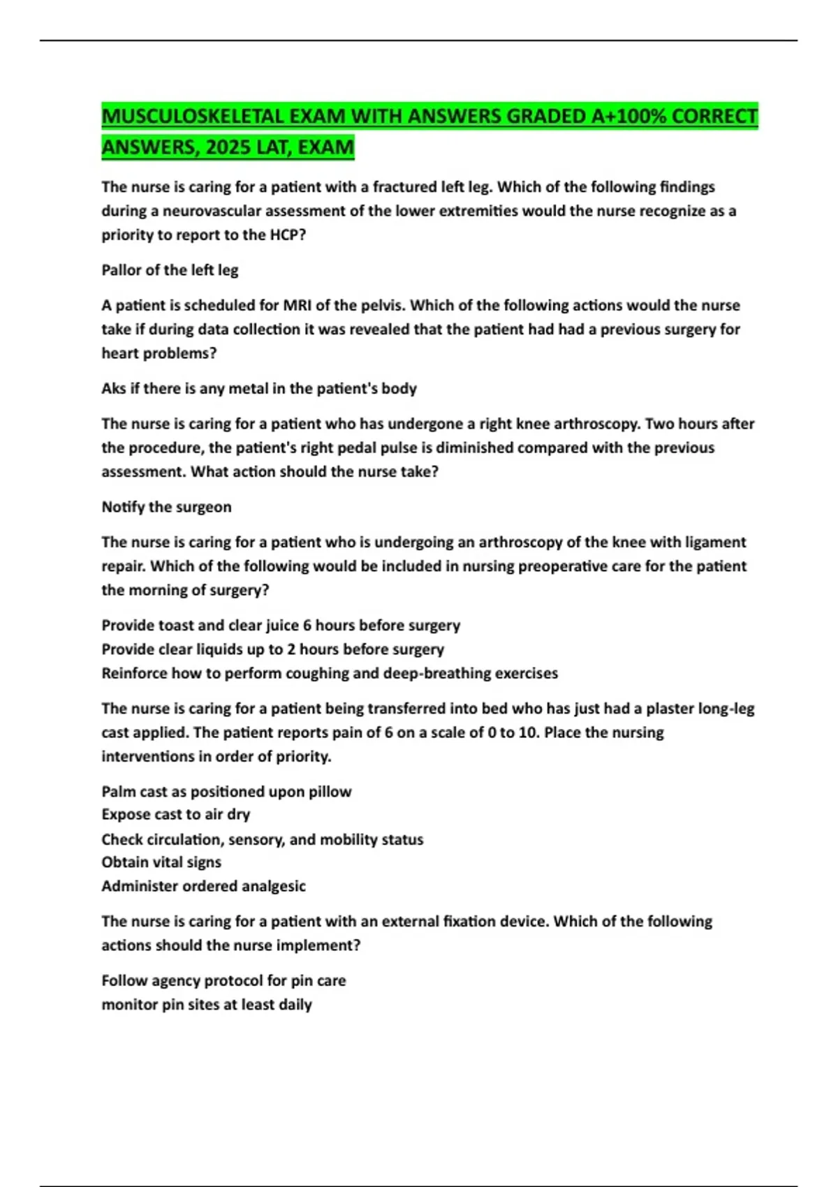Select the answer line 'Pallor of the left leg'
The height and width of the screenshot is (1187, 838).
coord(170,270)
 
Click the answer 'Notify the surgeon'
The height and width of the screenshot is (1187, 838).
coord(166,507)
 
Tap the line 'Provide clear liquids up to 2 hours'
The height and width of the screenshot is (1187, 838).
coord(272,649)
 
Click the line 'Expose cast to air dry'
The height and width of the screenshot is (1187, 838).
coord(175,814)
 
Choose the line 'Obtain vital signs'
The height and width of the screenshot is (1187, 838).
coord(161,862)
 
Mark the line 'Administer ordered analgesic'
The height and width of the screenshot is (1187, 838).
coord(203,886)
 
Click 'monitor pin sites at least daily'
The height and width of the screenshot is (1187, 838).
coord(207,1005)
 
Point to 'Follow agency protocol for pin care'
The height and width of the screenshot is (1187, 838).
coord(223,980)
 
